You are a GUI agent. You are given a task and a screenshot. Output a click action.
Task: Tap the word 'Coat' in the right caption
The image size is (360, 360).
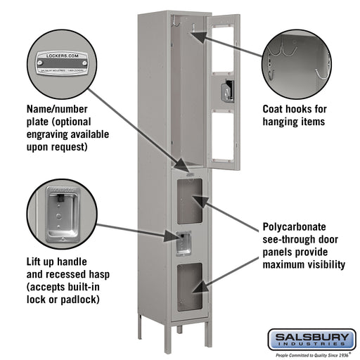[275, 110]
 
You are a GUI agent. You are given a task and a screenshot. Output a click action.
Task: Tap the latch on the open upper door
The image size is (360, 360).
[226, 91]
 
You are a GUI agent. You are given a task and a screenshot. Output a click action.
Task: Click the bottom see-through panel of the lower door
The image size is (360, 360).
[190, 287]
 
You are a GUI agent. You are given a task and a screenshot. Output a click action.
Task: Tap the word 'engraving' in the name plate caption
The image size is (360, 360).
[48, 134]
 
